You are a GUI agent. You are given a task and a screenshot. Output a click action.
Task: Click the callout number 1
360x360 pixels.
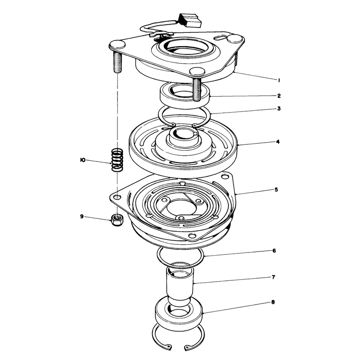(x=279, y=81)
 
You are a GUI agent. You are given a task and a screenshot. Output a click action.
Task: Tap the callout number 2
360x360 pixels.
(x=279, y=96)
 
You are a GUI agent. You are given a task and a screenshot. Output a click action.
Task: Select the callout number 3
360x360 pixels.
(x=279, y=108)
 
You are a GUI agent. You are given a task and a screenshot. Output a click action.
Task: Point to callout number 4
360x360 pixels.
(x=278, y=142)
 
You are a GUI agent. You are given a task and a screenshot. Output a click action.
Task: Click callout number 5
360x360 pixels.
(x=276, y=189)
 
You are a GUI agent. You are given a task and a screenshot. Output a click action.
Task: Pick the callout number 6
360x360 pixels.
(x=274, y=251)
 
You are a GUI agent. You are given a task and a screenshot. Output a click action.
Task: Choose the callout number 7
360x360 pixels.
(x=274, y=277)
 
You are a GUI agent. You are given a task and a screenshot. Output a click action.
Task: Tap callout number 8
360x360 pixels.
(x=273, y=302)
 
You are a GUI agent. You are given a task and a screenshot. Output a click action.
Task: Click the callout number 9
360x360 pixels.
(x=82, y=216)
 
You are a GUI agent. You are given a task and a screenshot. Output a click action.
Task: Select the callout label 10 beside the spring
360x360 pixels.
(x=83, y=160)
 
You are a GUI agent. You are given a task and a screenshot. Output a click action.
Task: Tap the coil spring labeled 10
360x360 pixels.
(x=117, y=160)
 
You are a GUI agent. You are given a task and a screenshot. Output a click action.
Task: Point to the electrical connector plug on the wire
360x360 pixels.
(x=189, y=20)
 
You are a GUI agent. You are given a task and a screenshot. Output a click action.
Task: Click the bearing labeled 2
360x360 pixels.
(x=185, y=95)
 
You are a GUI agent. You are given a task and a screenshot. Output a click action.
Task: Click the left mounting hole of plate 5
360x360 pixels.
(x=118, y=197)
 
